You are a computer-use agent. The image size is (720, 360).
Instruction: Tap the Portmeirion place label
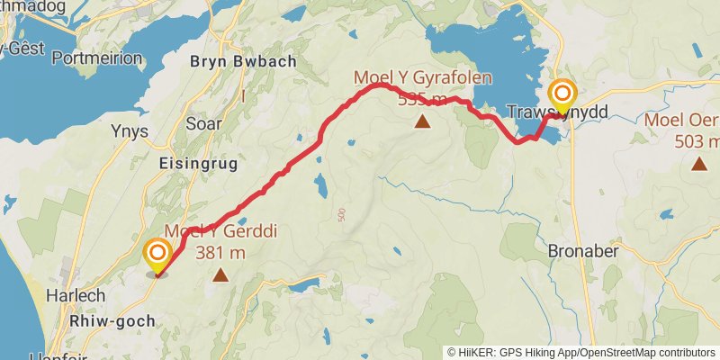click(x=97, y=58)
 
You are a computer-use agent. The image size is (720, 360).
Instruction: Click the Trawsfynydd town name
click(x=557, y=112)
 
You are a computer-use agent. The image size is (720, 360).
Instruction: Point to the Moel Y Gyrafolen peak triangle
click(x=422, y=120)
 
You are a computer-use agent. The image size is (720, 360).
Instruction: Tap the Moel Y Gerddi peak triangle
click(x=220, y=274)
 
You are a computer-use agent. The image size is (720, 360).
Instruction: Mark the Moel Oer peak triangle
click(x=698, y=163)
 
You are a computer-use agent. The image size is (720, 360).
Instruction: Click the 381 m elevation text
click(x=220, y=253)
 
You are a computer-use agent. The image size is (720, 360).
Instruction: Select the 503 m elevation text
click(x=697, y=141)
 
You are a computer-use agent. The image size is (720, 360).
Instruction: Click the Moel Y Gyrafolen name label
click(x=422, y=77)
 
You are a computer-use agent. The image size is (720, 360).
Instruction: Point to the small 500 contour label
click(x=342, y=215)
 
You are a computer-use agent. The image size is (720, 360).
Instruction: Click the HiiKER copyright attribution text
click(x=581, y=352)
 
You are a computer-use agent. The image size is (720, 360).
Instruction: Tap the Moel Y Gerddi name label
click(x=220, y=232)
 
